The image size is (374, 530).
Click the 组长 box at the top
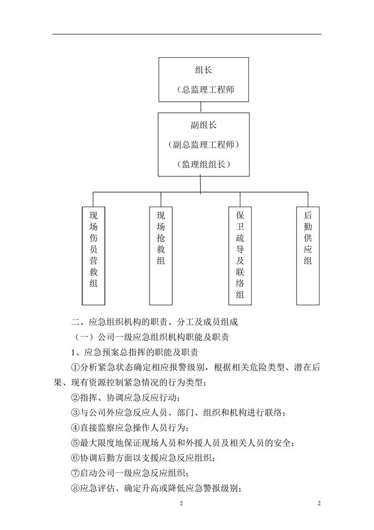[x=204, y=79]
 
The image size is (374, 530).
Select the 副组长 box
[x=204, y=144]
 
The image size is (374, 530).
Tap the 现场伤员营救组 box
[x=93, y=250]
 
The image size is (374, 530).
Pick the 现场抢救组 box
[x=161, y=250]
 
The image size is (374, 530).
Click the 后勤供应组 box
[x=307, y=250]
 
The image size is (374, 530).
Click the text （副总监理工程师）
[x=204, y=145]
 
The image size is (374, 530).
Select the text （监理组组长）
[x=204, y=164]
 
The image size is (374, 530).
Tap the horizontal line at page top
[x=187, y=34]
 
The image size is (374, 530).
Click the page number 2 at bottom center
[x=181, y=504]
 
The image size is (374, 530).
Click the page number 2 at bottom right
[x=319, y=504]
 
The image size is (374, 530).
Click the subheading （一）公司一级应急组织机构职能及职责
[x=154, y=337]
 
